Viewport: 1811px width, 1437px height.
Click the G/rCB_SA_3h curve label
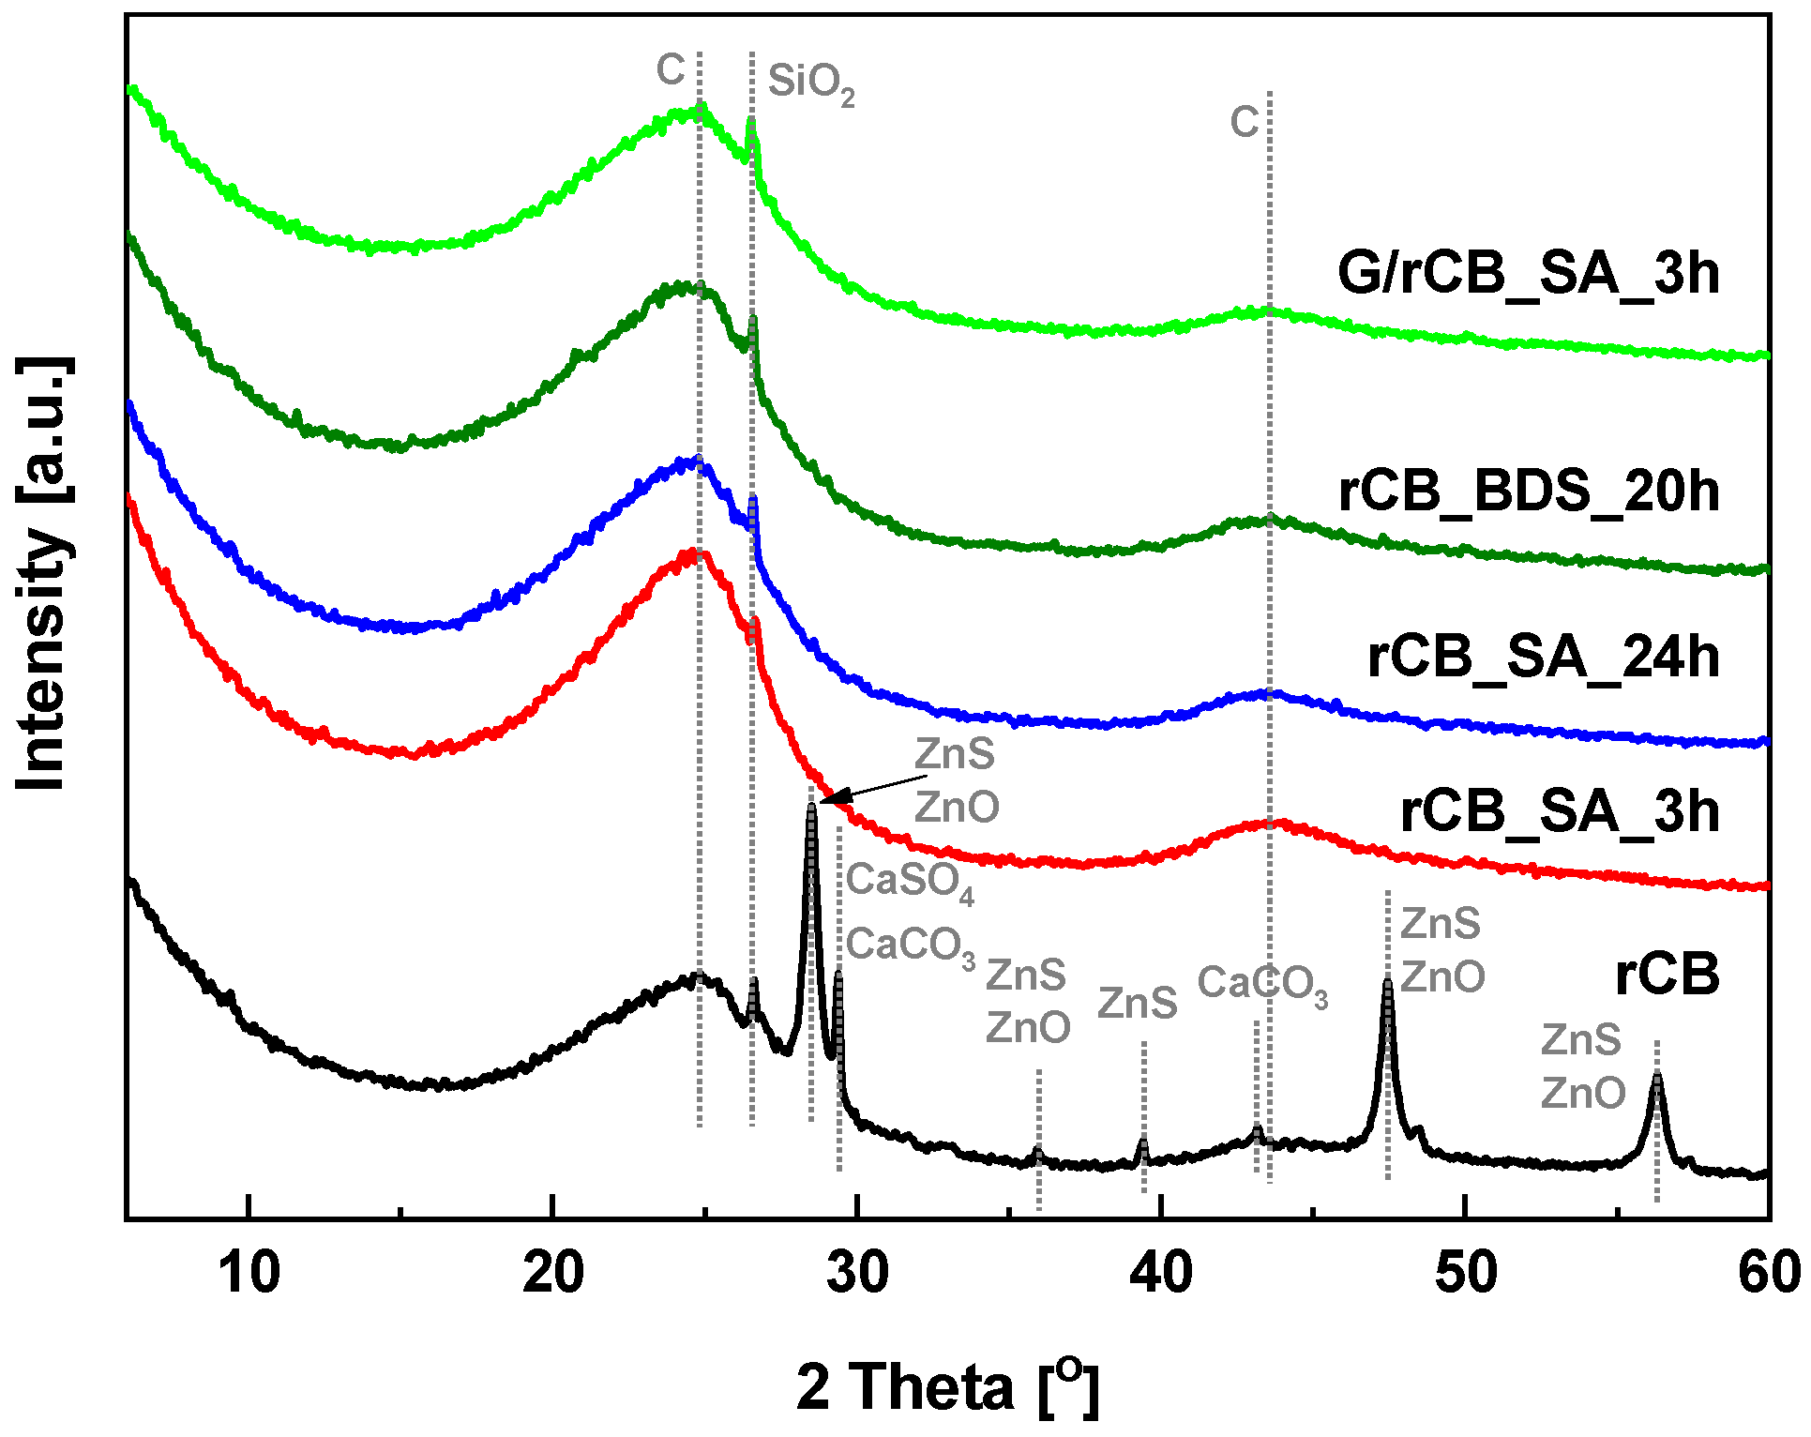click(1528, 273)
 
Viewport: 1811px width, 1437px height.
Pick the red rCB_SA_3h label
click(1559, 811)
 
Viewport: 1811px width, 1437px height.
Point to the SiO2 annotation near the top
click(810, 83)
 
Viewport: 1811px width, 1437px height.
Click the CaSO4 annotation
click(909, 882)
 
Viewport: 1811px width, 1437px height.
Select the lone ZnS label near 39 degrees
click(1137, 1004)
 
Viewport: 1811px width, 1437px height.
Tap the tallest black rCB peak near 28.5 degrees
click(811, 809)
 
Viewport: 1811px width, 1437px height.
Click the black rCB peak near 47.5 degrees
click(1387, 983)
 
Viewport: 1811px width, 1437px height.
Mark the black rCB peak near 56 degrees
click(1656, 1076)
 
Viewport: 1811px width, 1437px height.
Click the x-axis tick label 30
click(857, 1273)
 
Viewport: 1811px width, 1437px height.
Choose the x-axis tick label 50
click(1465, 1273)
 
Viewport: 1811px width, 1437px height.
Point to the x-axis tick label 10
click(249, 1273)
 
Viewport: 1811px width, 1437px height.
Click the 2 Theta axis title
click(947, 1386)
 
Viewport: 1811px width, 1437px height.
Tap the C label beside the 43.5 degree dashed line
click(1245, 122)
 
